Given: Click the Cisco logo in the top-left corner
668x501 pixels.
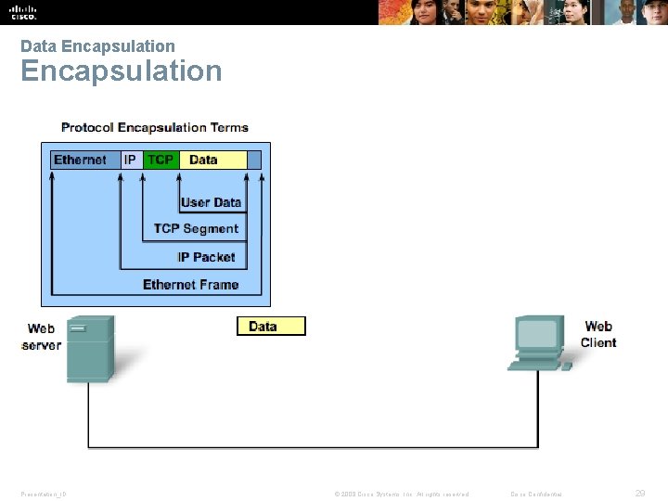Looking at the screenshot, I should tap(22, 12).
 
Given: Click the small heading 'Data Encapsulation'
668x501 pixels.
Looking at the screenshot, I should tap(97, 46).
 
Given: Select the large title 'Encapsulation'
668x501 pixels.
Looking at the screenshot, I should tap(122, 71).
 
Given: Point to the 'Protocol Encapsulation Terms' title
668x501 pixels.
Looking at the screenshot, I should tap(155, 127).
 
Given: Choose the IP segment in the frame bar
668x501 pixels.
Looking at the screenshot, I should tap(131, 160).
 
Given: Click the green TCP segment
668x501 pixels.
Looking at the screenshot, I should tap(161, 160).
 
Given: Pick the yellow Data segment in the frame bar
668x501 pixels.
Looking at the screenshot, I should tap(212, 160).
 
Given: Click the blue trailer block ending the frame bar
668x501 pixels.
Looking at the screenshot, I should tap(254, 160).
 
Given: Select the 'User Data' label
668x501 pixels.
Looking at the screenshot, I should tap(211, 202).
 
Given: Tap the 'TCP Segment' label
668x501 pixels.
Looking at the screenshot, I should tap(196, 229).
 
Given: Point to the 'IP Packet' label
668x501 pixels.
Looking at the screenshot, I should tap(206, 257).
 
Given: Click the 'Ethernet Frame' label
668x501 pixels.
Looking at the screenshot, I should tap(190, 285).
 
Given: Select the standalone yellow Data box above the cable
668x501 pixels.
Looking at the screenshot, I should tap(271, 326).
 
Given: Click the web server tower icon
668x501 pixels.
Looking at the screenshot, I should tap(90, 349).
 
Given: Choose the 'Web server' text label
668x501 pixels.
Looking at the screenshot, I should tap(41, 337).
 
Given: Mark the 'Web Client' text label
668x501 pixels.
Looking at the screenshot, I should tap(598, 334).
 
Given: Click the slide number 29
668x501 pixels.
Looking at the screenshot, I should tap(639, 494).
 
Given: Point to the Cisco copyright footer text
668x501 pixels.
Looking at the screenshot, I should tap(402, 494).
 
